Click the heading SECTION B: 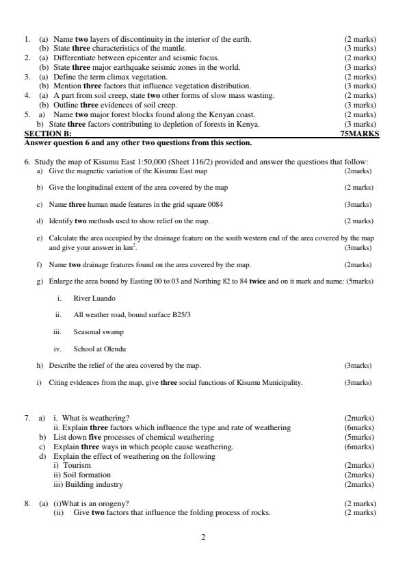tap(48, 134)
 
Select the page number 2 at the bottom tap(203, 536)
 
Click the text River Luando tap(94, 299)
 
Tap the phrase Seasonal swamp tap(99, 332)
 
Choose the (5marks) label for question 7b tap(360, 437)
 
